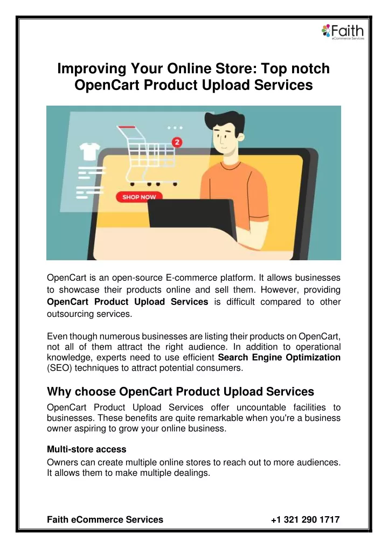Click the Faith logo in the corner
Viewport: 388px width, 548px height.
[x=343, y=32]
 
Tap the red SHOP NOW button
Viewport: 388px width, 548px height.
[x=139, y=197]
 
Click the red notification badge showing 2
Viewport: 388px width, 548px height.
[x=177, y=142]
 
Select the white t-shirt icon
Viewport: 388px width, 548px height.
[x=90, y=151]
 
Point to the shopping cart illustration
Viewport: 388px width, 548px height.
[x=147, y=156]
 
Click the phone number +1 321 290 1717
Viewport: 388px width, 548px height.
[x=305, y=519]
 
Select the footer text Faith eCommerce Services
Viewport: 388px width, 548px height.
[x=105, y=519]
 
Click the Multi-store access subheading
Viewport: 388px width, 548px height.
[x=87, y=449]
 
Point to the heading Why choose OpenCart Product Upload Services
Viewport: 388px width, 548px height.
[x=181, y=391]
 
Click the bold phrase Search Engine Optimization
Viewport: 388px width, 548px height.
[x=279, y=357]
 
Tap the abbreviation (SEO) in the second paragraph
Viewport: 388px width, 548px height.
[x=59, y=368]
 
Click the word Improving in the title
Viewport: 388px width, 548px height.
[x=92, y=69]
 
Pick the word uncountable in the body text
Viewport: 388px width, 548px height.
[x=261, y=407]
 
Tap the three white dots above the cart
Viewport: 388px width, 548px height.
[x=175, y=128]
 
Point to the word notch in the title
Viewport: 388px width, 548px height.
[x=310, y=68]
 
